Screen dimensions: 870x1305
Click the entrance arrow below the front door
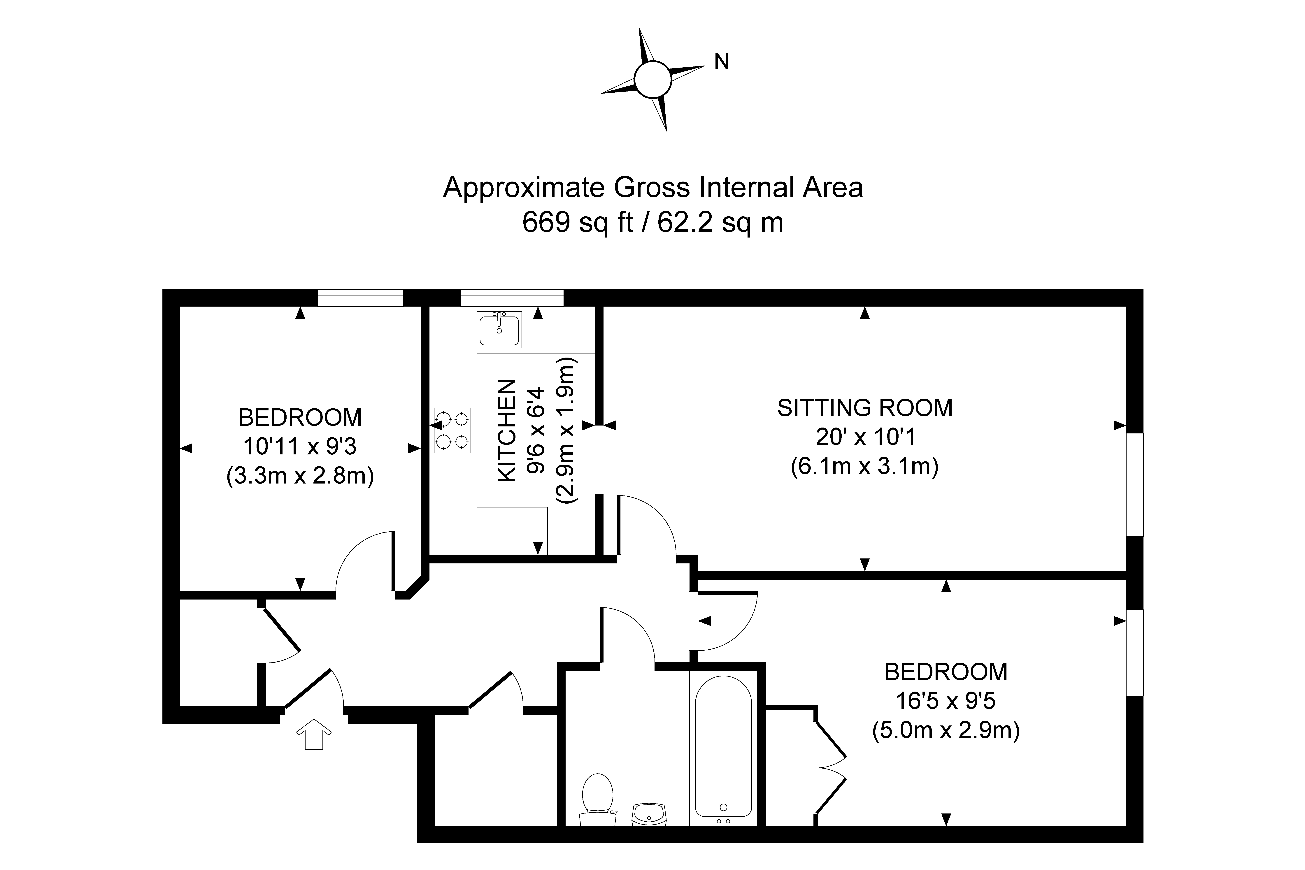(314, 734)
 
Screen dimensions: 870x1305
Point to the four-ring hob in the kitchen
(452, 430)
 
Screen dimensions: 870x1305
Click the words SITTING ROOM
(864, 408)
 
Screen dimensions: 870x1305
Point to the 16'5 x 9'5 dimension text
(946, 701)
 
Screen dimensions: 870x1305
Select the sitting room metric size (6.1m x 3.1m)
(864, 466)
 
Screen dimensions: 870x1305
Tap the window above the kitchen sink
(512, 298)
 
